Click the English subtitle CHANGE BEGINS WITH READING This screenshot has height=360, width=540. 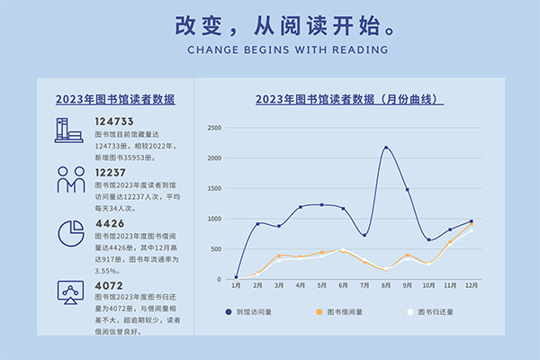[x=270, y=50]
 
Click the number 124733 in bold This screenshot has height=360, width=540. [x=114, y=121]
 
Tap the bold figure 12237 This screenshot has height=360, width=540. [x=111, y=172]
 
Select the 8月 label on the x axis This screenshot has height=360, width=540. [x=386, y=285]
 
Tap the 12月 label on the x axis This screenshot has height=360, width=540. [x=471, y=285]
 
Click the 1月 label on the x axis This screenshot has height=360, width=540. [x=236, y=285]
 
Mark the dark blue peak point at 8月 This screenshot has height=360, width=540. [x=386, y=148]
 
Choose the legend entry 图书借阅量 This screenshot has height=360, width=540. [x=343, y=311]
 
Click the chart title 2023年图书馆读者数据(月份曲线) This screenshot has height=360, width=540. [x=350, y=100]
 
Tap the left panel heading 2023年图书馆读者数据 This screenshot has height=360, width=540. [x=115, y=100]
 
